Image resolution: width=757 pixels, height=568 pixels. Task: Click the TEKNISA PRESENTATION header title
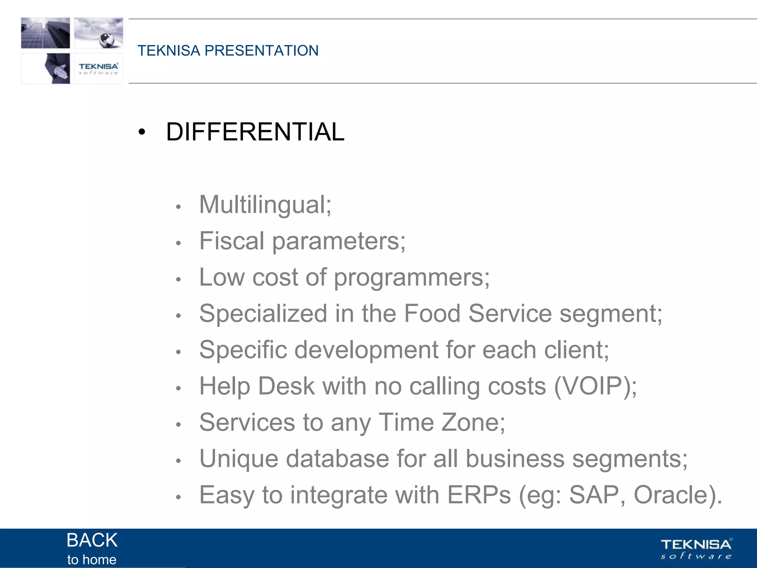pyautogui.click(x=228, y=51)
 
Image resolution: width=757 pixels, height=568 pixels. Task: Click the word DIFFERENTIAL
pyautogui.click(x=255, y=132)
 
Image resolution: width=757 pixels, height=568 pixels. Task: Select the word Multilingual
pyautogui.click(x=262, y=204)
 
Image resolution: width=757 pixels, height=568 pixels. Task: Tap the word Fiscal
pyautogui.click(x=232, y=241)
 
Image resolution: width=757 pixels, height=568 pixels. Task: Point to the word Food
pyautogui.click(x=432, y=313)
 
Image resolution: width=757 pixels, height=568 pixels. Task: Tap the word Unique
pyautogui.click(x=238, y=459)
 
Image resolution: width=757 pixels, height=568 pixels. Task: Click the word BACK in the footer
pyautogui.click(x=92, y=540)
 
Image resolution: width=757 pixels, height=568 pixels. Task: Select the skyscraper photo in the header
pyautogui.click(x=45, y=33)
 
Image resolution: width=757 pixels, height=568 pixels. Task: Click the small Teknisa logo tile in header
pyautogui.click(x=98, y=68)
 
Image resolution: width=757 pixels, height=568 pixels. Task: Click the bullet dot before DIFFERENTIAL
pyautogui.click(x=142, y=132)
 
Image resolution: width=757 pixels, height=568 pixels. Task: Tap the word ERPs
pyautogui.click(x=479, y=495)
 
